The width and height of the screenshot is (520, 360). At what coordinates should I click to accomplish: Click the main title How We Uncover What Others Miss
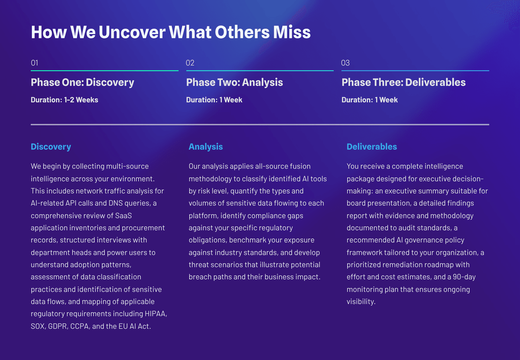(x=171, y=32)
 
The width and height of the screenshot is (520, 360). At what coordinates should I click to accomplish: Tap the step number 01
(x=34, y=63)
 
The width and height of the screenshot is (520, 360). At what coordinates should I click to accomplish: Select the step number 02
(x=190, y=63)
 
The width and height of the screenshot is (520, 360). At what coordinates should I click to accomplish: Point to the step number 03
(x=345, y=63)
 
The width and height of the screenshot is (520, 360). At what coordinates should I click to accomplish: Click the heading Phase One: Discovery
(x=82, y=82)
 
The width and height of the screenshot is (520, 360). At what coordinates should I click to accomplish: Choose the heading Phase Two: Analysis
(x=234, y=82)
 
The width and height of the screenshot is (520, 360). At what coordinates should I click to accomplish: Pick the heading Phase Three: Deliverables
(x=403, y=82)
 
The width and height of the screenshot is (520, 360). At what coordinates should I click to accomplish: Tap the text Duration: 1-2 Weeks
(x=65, y=100)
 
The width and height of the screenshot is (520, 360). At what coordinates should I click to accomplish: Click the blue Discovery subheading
(x=51, y=147)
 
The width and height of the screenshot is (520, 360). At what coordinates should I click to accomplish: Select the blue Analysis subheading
(x=206, y=147)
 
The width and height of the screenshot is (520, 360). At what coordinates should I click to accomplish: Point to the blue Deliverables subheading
(x=372, y=147)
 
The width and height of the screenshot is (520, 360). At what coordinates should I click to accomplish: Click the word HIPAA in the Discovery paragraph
(x=156, y=314)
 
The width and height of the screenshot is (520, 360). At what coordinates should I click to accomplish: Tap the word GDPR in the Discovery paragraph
(x=58, y=326)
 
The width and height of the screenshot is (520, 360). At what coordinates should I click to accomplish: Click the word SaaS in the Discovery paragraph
(x=123, y=216)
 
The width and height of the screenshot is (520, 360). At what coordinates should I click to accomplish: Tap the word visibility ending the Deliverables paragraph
(x=361, y=302)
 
